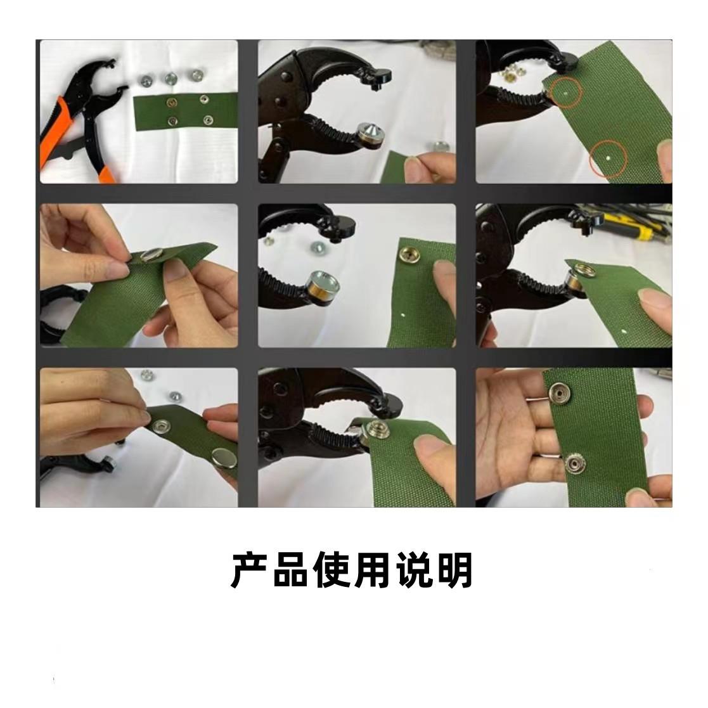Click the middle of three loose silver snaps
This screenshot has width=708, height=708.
[170, 79]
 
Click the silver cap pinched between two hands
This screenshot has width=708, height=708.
[150, 255]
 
